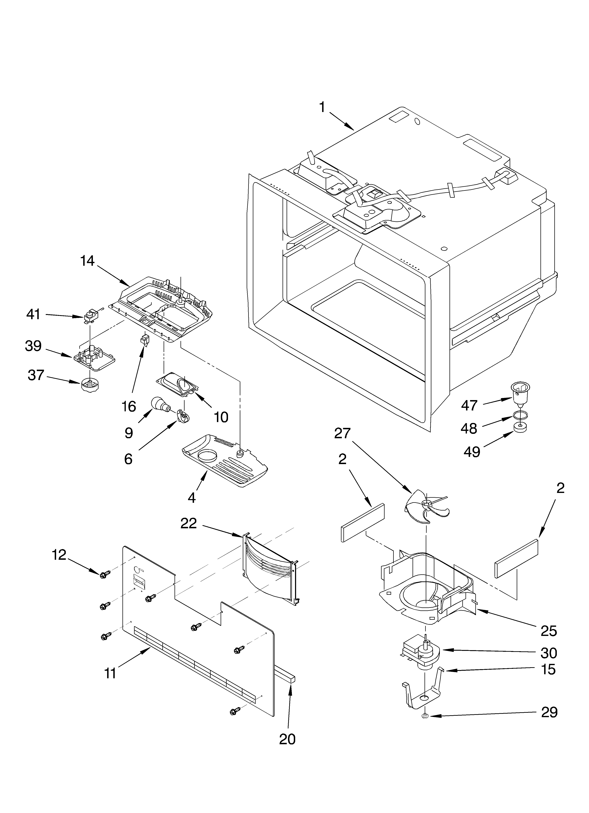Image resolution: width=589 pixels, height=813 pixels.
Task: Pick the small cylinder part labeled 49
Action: [x=520, y=427]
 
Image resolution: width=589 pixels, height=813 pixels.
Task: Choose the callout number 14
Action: [x=87, y=261]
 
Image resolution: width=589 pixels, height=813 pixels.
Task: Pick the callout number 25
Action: [x=549, y=630]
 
